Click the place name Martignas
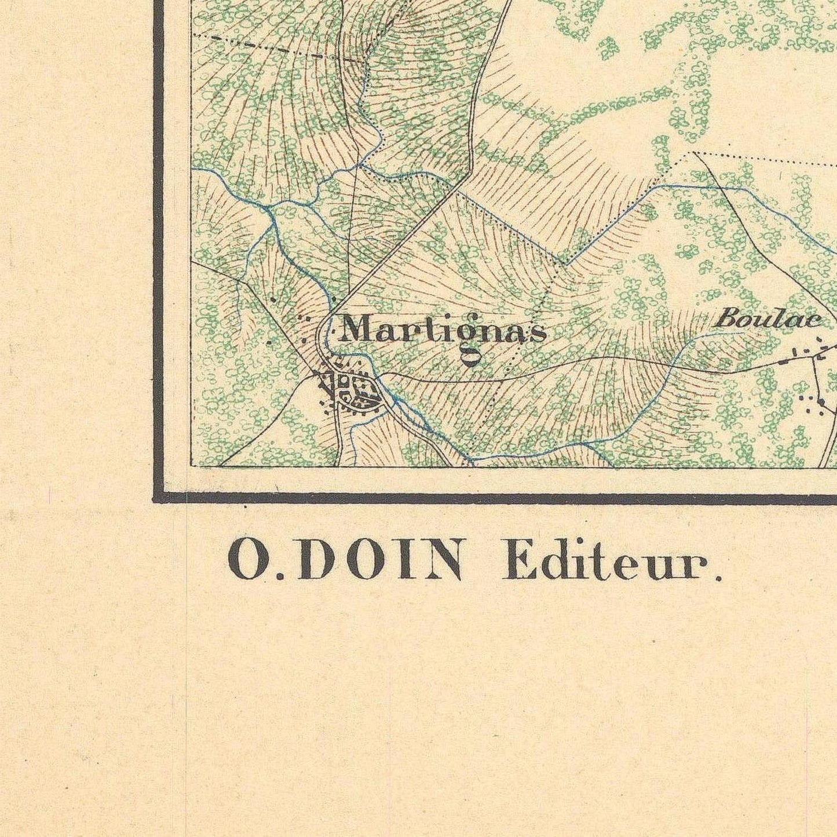(x=443, y=332)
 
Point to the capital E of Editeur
(x=517, y=560)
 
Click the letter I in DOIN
(x=401, y=560)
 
